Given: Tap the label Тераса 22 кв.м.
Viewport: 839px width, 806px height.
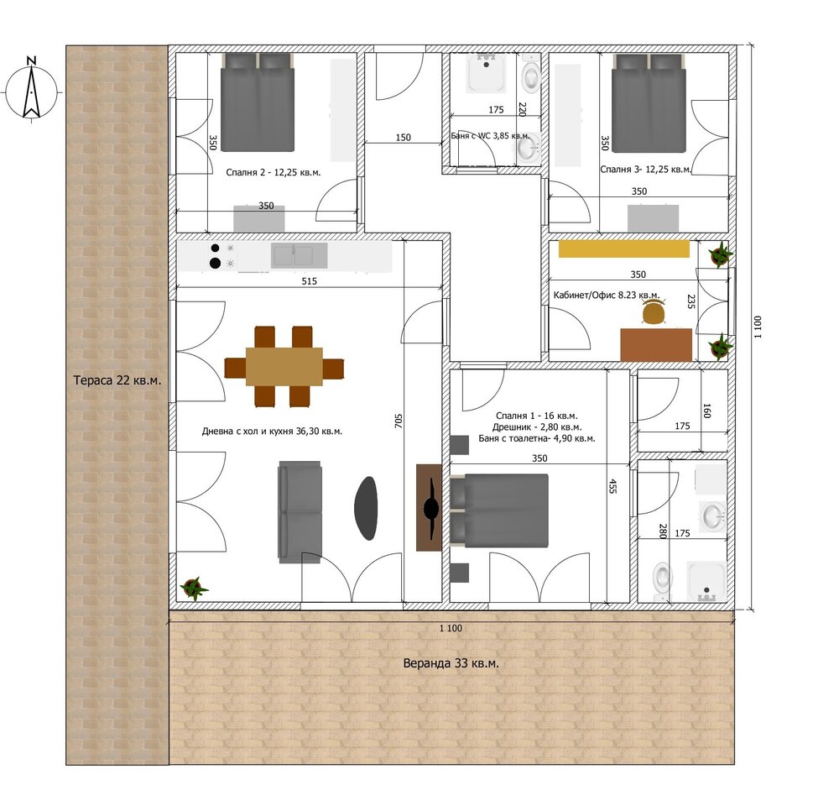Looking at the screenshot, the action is tap(117, 380).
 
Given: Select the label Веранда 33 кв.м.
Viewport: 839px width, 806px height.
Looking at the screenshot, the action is tap(451, 663).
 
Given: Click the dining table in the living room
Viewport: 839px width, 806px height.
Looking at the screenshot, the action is tap(284, 367).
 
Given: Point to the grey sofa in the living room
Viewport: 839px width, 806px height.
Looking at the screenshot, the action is tap(300, 512).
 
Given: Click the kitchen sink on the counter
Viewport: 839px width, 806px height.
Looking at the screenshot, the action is tap(300, 255).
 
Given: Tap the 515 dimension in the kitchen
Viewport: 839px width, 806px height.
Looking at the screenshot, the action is tap(310, 280).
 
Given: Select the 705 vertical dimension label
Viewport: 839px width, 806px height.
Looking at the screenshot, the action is tap(398, 421).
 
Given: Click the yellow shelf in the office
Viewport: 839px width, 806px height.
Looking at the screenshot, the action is tap(624, 249).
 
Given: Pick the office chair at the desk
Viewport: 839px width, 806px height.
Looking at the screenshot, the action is tap(654, 312).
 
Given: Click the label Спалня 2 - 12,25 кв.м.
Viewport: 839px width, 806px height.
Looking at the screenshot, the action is tap(273, 172).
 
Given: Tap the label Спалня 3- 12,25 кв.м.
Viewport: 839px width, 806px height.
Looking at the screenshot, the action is tap(645, 170).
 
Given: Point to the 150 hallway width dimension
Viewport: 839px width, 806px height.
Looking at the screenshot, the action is tap(403, 137).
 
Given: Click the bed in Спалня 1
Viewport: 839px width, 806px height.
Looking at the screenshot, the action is tap(499, 510).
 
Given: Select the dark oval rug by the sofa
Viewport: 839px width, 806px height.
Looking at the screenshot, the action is tap(366, 508).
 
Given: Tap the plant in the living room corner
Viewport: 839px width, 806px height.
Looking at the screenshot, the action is tap(194, 588).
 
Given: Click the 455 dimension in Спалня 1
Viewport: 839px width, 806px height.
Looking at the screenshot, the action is tap(612, 486).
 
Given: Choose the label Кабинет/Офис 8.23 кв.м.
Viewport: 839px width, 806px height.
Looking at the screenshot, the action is tap(607, 295).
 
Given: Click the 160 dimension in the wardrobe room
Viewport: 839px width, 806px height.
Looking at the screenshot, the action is tap(706, 411).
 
